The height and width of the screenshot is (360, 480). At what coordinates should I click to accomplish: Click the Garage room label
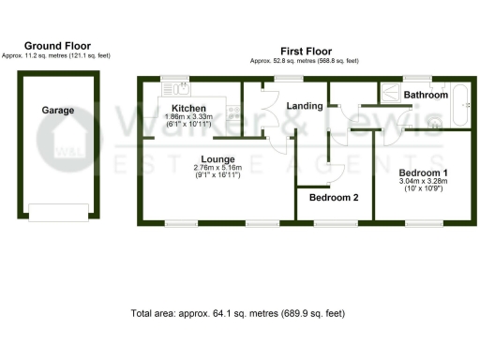click(57, 110)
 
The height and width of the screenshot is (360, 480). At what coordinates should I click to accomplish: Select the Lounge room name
click(217, 159)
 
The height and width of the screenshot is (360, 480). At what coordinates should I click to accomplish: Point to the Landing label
click(306, 106)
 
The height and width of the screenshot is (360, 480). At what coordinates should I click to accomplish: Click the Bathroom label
click(426, 95)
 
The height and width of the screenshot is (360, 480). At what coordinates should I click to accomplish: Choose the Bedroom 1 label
click(423, 173)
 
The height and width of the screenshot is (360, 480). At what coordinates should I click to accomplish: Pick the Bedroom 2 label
click(335, 198)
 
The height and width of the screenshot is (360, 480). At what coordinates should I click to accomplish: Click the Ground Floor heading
click(57, 45)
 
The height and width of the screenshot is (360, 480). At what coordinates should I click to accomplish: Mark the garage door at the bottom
click(57, 212)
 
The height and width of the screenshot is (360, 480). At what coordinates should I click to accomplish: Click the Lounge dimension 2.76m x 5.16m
click(217, 169)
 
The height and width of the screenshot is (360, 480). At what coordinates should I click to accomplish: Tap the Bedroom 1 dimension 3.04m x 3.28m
click(423, 183)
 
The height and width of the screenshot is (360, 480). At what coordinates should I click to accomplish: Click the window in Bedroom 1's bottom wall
click(423, 223)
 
